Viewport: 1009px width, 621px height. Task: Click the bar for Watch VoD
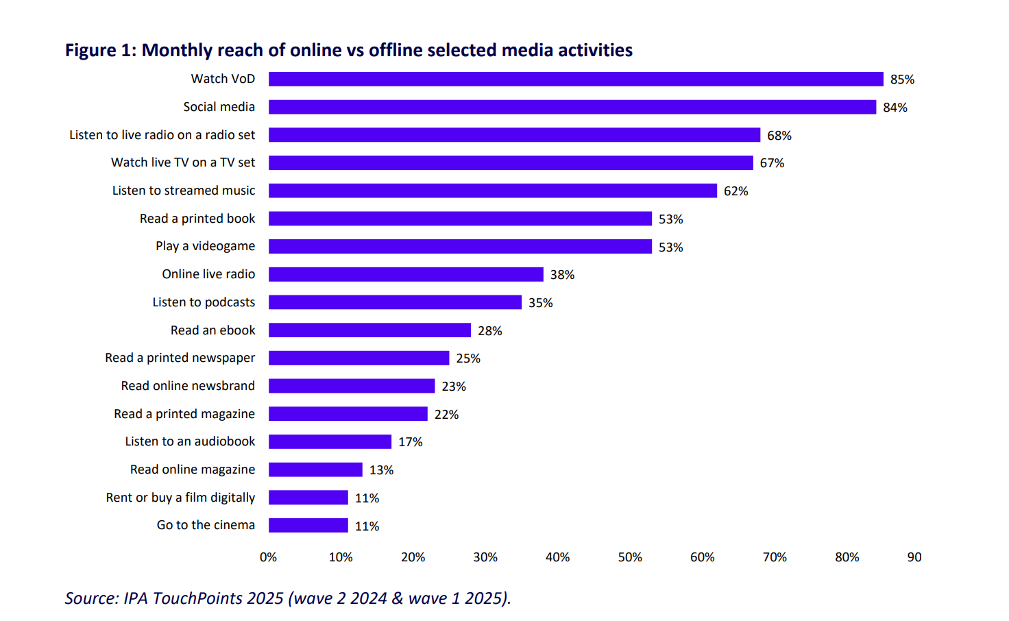point(576,80)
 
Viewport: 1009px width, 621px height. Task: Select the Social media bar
point(572,107)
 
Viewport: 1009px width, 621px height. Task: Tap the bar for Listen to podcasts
point(395,302)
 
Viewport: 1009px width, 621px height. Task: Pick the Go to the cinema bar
point(308,526)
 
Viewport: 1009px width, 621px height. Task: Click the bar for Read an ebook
point(369,330)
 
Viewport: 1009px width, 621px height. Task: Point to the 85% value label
point(902,80)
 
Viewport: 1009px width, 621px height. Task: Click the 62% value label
point(736,191)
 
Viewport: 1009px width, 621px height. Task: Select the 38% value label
point(562,275)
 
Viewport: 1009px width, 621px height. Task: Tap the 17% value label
point(410,442)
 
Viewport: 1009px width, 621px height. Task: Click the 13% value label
point(381,470)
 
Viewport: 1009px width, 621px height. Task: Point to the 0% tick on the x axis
point(268,557)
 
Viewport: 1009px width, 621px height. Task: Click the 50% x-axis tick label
point(630,557)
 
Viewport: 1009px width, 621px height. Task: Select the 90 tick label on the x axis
point(914,557)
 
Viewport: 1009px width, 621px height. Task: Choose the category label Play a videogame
point(205,246)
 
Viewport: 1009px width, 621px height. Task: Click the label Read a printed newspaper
point(180,358)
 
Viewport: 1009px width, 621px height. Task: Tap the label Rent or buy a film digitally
point(180,498)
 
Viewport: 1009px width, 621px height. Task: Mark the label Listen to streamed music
point(183,191)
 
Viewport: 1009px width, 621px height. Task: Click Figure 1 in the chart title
point(100,51)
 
